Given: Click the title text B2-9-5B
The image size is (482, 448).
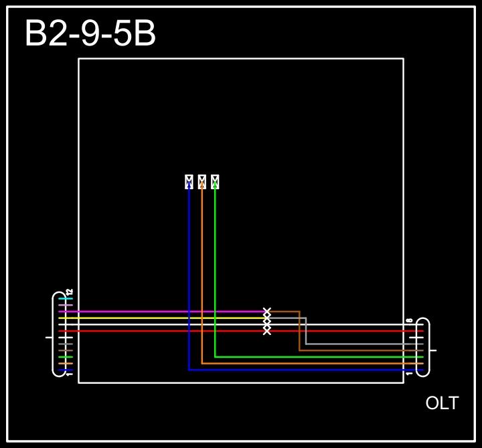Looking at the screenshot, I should tap(90, 34).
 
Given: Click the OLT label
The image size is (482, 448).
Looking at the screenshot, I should tap(442, 403).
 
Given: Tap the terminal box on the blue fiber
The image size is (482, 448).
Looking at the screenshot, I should tap(189, 182).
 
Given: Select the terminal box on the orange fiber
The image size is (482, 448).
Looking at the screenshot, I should tap(202, 182).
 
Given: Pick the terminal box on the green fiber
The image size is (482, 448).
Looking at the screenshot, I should tap(215, 182).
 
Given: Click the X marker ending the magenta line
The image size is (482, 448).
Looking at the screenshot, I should tap(267, 312).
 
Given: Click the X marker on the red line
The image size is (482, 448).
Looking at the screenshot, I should tap(267, 331).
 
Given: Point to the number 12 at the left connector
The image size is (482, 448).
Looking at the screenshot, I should tap(69, 292).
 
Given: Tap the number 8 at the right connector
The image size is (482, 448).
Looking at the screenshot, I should tap(409, 321).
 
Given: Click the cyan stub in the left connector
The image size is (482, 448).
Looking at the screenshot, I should tap(66, 299).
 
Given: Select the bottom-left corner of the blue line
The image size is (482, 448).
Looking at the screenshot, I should tap(189, 370).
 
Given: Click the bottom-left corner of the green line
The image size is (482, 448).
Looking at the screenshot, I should tap(215, 357).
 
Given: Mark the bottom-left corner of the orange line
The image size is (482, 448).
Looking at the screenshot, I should tap(202, 363).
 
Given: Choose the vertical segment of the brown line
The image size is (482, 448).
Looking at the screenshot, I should tap(299, 331).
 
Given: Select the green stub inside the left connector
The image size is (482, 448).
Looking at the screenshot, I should tap(66, 357).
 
